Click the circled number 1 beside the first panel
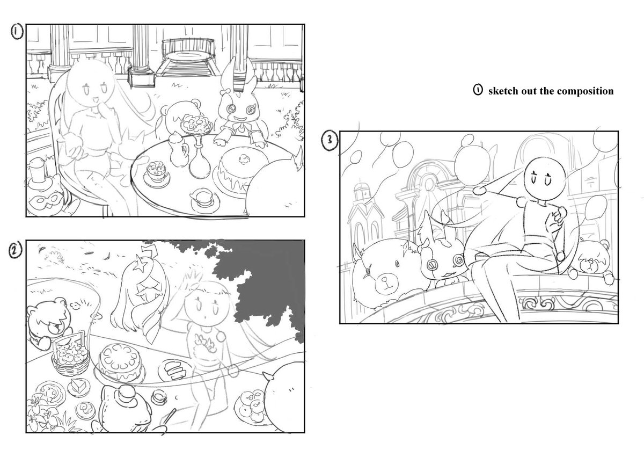(17, 31)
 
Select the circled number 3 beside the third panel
(330, 140)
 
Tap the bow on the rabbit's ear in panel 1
(226, 92)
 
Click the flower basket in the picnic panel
(71, 357)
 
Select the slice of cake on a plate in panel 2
(78, 386)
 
